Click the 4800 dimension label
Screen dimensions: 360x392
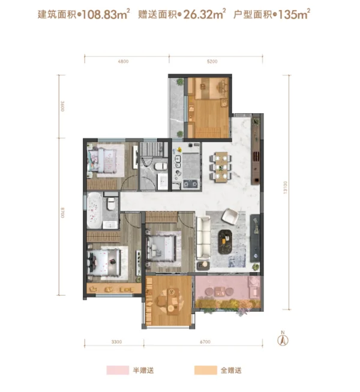coord(123,62)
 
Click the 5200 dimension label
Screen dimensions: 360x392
coord(212,62)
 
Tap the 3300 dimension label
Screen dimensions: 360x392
coord(116,342)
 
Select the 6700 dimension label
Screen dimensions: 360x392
coord(205,342)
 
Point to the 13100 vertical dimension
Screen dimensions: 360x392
coord(286,188)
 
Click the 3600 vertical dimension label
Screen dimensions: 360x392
coord(62,106)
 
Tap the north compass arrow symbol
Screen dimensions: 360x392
coord(283,339)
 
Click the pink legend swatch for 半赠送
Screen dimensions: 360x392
coord(118,370)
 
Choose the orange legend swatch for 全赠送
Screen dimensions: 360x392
coord(206,370)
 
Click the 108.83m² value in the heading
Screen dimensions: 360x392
coord(106,14)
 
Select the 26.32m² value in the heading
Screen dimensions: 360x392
coord(205,14)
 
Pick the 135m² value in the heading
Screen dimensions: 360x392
coord(294,14)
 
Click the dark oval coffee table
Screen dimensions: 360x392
coord(225,242)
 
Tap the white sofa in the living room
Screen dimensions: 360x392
coord(203,238)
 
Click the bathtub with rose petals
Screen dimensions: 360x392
coord(94,210)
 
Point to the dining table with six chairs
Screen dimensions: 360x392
coord(221,166)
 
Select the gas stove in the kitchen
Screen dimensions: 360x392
coord(190,184)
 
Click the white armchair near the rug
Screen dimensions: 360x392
coord(230,216)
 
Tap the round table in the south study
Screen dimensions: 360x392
coord(170,301)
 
